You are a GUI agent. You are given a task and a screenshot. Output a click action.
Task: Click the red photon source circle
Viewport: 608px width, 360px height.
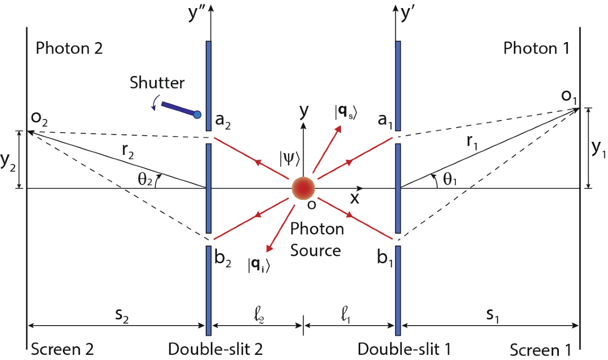(x=303, y=188)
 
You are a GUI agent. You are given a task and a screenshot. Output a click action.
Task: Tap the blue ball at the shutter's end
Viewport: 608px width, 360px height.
(x=198, y=114)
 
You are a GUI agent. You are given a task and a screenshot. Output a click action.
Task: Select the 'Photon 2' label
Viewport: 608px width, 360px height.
(x=69, y=49)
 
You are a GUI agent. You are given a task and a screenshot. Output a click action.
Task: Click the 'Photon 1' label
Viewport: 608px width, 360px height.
(x=537, y=49)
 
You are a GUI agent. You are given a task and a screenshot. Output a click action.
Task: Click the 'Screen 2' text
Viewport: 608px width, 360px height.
(x=63, y=349)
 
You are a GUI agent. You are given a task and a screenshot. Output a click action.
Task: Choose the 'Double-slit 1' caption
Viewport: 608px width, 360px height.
(x=404, y=349)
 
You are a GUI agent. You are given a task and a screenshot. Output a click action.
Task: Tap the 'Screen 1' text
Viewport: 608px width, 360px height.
(x=541, y=350)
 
